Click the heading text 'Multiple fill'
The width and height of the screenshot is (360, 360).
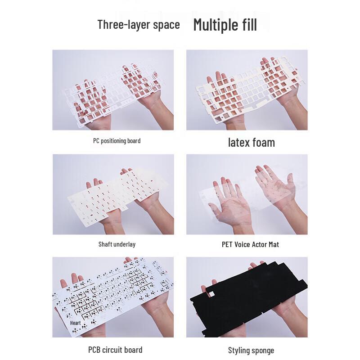[x=225, y=25]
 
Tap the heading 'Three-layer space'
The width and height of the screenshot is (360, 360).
[x=139, y=24]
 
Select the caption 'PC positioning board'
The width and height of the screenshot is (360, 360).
[x=117, y=141]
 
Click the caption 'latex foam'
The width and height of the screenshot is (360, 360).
[x=251, y=143]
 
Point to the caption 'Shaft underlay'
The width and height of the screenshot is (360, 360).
[x=117, y=244]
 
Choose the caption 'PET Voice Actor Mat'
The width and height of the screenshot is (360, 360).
[x=250, y=244]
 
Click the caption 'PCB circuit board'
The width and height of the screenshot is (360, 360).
[x=115, y=350]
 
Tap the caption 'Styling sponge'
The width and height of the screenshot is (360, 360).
[x=251, y=350]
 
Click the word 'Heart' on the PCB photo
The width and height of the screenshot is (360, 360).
[x=75, y=323]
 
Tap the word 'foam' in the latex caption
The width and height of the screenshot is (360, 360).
[x=263, y=143]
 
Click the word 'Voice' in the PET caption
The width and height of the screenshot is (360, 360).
[x=245, y=244]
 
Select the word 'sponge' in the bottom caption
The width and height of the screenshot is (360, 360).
[x=261, y=350]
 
